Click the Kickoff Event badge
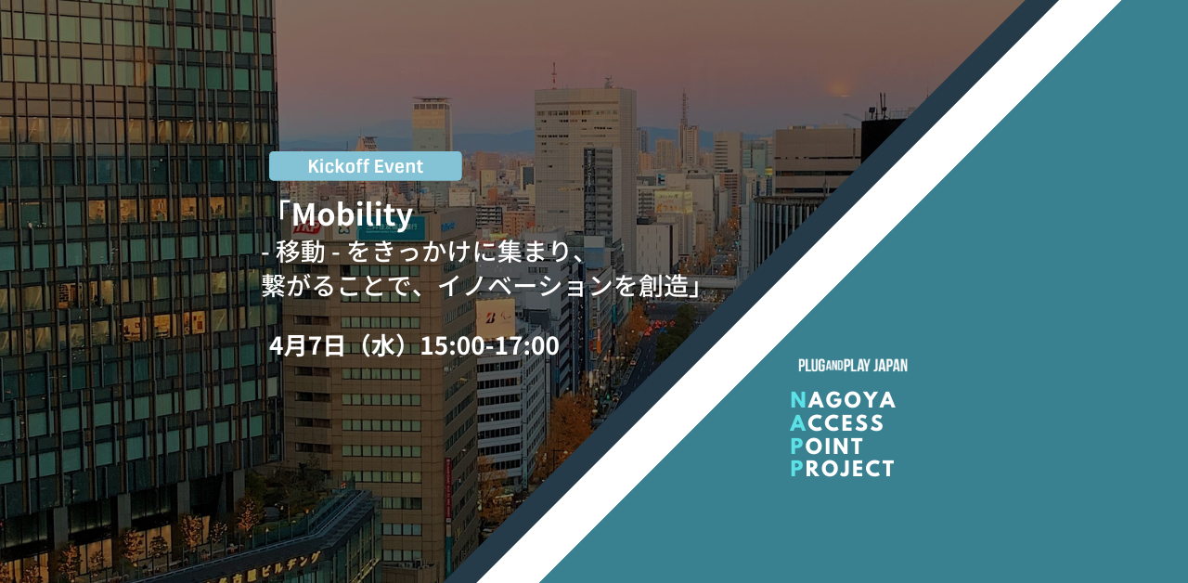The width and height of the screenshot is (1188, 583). (x=366, y=166)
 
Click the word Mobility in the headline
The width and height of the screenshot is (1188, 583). (x=352, y=215)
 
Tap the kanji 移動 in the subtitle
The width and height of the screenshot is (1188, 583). (x=300, y=252)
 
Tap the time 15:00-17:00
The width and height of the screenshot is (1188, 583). (x=489, y=346)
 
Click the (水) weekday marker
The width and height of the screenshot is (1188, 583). (x=382, y=346)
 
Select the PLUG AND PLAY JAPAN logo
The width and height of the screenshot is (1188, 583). (x=853, y=366)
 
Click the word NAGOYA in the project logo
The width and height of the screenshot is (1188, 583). (x=843, y=400)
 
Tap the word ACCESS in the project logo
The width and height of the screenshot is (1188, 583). (x=837, y=423)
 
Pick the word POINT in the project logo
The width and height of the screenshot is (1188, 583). (x=827, y=447)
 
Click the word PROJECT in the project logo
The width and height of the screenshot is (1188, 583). (x=842, y=469)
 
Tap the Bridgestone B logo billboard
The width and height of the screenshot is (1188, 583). (x=496, y=317)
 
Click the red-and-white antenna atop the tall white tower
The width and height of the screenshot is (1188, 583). (x=554, y=75)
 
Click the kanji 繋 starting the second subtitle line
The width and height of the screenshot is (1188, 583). (x=274, y=286)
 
